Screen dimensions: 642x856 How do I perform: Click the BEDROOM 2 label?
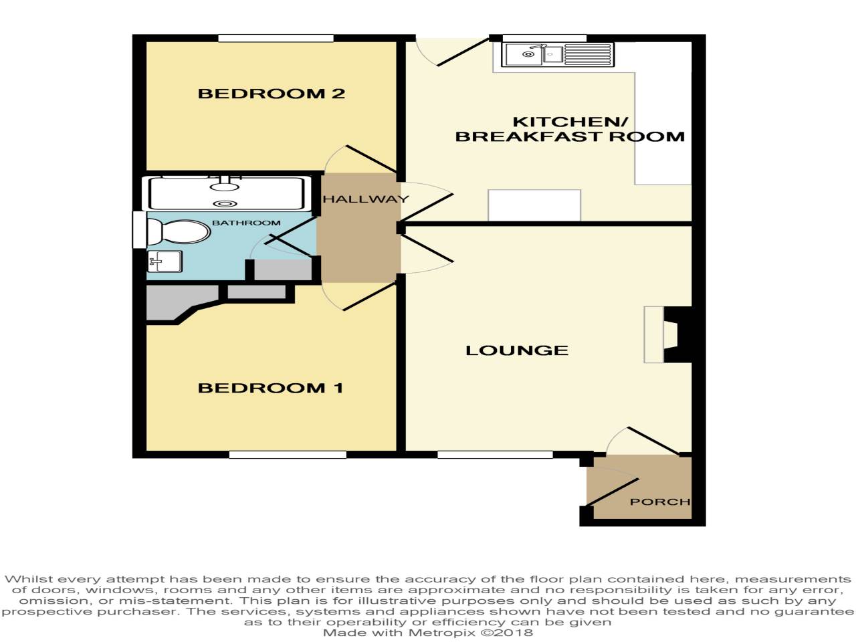point(271,94)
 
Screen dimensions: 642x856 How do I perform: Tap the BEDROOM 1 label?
point(270,388)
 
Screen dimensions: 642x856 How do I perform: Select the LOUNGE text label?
point(516,350)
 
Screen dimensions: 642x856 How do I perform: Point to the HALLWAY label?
point(365,199)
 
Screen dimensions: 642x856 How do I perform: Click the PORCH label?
point(659,502)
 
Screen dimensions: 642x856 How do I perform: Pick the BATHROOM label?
point(246,223)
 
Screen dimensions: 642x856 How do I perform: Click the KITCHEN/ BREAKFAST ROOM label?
point(570,129)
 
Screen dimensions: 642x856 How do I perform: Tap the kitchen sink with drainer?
point(558,55)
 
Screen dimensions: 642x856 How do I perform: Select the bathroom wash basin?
point(165,261)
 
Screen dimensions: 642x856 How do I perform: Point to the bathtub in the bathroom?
point(226,193)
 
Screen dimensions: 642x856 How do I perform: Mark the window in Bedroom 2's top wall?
point(275,38)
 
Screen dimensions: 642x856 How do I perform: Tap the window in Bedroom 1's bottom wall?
point(288,455)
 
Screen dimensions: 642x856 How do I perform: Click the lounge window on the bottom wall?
point(495,455)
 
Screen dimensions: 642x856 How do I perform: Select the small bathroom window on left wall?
point(138,229)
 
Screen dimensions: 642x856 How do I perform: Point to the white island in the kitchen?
point(534,205)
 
